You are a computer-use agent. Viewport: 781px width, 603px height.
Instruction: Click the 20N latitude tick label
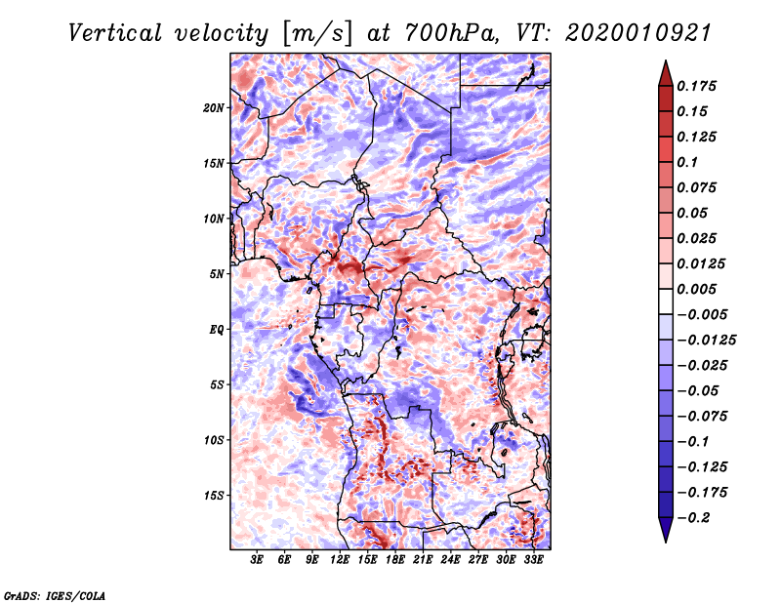coord(214,107)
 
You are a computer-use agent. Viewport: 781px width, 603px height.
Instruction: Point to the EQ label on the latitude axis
coord(217,330)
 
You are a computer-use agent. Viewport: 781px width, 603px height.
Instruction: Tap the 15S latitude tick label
coord(214,496)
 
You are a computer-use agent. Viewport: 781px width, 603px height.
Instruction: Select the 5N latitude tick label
coord(217,274)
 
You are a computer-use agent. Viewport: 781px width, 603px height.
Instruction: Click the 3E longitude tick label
coord(258,561)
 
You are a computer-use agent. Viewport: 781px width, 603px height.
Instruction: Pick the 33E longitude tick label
coord(533,561)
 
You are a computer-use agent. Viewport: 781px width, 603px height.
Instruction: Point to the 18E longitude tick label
coord(395,561)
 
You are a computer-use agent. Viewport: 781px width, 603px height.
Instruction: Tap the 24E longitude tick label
coord(450,561)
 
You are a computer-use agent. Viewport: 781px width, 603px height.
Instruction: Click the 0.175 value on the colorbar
coord(702,86)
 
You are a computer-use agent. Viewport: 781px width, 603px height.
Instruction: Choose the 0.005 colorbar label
coord(702,289)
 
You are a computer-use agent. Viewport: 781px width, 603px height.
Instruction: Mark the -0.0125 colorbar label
coord(711,340)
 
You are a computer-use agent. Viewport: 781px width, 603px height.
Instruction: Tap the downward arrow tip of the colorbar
coord(665,538)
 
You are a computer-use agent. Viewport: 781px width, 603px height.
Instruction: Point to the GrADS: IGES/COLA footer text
coord(54,594)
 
